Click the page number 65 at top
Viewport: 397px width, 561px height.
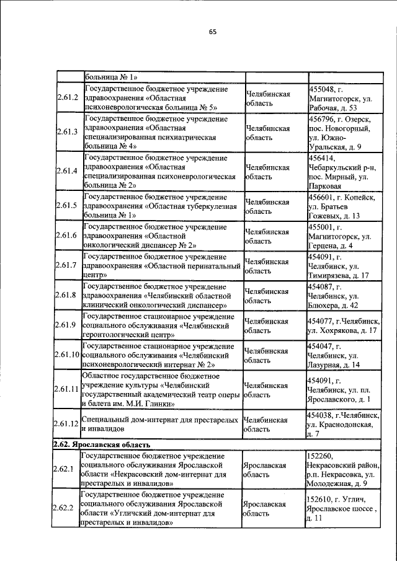(x=212, y=32)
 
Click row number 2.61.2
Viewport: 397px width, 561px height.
(x=66, y=98)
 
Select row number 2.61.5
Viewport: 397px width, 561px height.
(x=66, y=206)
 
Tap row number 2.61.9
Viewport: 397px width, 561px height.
(x=66, y=325)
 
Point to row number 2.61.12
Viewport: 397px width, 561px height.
(x=66, y=423)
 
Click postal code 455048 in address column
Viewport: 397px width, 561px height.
(x=324, y=89)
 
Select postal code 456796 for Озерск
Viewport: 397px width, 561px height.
(x=323, y=118)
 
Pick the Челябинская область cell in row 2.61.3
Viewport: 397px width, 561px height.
(x=268, y=132)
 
